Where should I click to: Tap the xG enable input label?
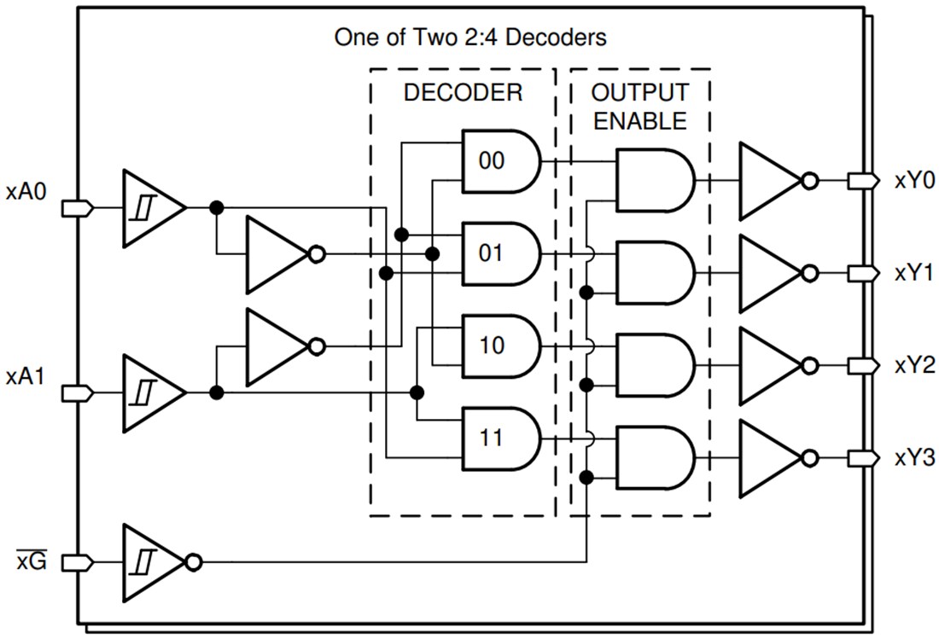click(x=32, y=562)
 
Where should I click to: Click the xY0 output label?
click(x=914, y=181)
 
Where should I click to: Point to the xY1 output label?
click(x=914, y=273)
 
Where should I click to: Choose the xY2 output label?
click(x=914, y=365)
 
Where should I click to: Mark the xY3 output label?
click(x=914, y=458)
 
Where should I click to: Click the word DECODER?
click(x=463, y=92)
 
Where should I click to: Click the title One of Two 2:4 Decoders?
click(x=470, y=38)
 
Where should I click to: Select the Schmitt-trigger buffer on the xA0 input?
click(x=150, y=208)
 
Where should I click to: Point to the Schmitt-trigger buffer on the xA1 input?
click(x=150, y=392)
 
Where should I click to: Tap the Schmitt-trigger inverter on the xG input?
click(x=152, y=562)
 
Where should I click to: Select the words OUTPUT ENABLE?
click(x=639, y=106)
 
